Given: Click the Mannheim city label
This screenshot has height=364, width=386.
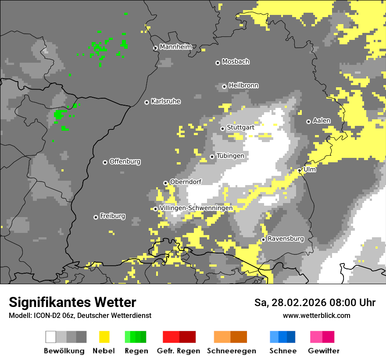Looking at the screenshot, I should point(175,47).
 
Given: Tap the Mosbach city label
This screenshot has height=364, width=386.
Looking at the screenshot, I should point(236,62).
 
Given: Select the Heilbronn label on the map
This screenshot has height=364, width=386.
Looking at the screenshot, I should point(243,86).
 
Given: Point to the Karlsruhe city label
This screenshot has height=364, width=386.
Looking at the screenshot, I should point(166,101).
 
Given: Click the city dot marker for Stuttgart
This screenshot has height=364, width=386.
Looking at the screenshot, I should point(223,128).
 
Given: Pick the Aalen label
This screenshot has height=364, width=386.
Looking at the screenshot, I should point(322,121).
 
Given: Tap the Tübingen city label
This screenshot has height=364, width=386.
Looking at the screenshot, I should point(230,156).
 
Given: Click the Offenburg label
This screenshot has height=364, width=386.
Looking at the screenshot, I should point(125,161).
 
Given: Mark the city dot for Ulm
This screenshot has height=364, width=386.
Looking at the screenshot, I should point(300,170).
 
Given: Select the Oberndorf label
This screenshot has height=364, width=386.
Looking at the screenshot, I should point(186,182).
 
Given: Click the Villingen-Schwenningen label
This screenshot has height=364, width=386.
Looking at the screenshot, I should point(196,208).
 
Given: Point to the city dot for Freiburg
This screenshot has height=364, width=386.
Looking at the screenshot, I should point(96,217).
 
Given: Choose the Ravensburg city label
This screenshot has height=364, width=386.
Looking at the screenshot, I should point(286,239).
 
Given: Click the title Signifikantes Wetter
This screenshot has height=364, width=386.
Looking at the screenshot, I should point(72,303).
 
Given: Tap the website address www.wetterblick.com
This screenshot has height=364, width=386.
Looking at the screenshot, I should point(316,315).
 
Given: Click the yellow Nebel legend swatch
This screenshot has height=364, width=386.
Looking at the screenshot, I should point(104,337).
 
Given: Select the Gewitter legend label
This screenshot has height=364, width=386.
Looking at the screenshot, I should point(323,351).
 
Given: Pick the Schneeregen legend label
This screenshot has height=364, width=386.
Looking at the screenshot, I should point(232,351).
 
